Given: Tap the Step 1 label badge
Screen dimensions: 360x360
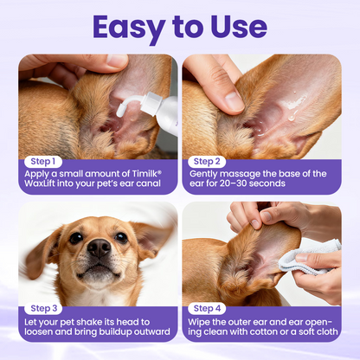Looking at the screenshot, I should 42,161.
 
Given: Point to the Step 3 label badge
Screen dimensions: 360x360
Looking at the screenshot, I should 42,309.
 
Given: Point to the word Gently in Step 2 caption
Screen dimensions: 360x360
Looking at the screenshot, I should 202,174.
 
